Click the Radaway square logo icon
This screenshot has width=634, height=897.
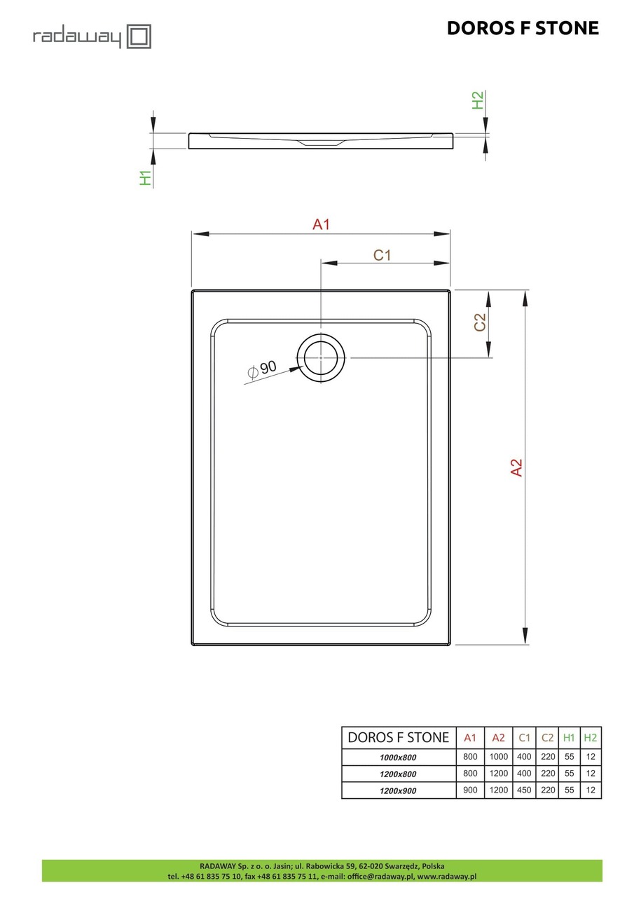point(139,36)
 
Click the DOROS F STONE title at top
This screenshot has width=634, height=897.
point(523,28)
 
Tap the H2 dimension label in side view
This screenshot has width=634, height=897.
point(478,100)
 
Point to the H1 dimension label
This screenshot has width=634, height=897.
point(146,178)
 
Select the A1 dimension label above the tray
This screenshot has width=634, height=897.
point(321,225)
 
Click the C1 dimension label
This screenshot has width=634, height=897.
point(381,255)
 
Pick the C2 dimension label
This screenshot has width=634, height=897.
point(480,322)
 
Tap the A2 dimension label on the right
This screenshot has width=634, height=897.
point(516,467)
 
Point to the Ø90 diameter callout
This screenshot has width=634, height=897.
point(262,369)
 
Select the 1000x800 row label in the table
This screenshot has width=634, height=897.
point(398,757)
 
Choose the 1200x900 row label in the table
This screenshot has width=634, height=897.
point(398,790)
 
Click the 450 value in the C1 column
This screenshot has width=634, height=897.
point(524,790)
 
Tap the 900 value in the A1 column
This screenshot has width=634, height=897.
point(470,790)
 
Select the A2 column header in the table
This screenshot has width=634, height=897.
point(498,737)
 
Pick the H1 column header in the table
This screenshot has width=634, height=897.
point(569,737)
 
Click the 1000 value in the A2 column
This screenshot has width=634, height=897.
point(498,757)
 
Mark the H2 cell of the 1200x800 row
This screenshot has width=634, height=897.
point(591,774)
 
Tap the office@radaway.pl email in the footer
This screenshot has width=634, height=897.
point(381,876)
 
